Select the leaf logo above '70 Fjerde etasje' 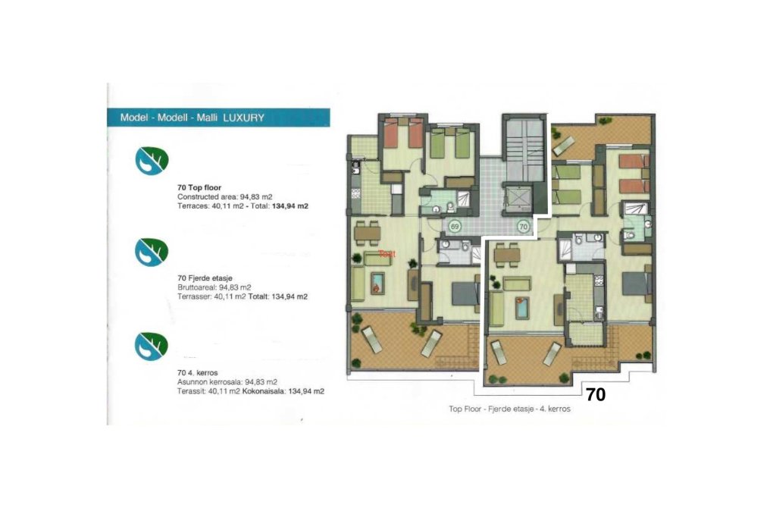tap(149, 252)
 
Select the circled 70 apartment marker tap(523, 226)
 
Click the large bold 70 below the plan tap(596, 395)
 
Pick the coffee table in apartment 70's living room tap(522, 307)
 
